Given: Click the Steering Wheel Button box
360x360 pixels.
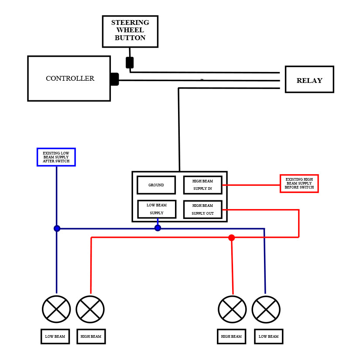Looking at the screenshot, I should coord(130,31).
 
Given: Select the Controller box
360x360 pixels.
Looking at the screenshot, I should coord(69,79).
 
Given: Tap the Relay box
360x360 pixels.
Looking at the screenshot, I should coord(309,79).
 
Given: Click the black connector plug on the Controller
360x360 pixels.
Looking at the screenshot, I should coord(114,79).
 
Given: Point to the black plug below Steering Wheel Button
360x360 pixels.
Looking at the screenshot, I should coord(130,62).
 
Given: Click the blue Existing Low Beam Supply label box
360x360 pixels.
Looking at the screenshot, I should coord(56,157).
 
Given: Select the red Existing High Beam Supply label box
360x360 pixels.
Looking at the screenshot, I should coord(299,183).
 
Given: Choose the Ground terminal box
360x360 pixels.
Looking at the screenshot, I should coord(156,185).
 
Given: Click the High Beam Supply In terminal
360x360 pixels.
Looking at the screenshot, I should coord(202,185).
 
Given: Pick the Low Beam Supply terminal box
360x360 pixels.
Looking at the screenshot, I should coord(157,209).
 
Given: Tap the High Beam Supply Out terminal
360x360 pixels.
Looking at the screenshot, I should coord(202,209).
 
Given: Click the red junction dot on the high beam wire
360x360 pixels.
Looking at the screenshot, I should coord(231,238).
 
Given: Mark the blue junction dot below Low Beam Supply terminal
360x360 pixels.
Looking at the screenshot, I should coord(158,228).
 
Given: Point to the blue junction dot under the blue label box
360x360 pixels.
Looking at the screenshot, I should coord(57,228).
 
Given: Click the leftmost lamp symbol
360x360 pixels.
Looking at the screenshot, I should coord(56,309).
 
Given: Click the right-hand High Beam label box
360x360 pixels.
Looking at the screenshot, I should coord(231,336).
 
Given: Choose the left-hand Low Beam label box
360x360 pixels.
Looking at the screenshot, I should coord(55,336).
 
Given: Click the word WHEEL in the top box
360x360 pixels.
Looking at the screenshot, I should coord(130,30).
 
